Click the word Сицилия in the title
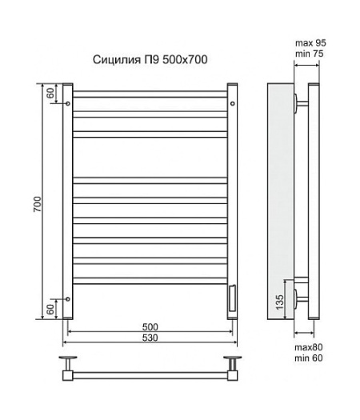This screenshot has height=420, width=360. (x=117, y=60)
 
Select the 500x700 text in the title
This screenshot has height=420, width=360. (x=185, y=59)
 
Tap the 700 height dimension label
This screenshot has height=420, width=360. (x=38, y=204)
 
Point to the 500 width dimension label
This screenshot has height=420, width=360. (x=150, y=326)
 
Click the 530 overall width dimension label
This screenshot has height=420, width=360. (x=150, y=338)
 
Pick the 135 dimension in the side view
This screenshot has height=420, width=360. (x=279, y=302)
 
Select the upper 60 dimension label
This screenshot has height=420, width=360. (x=50, y=94)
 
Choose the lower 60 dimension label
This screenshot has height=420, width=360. (x=50, y=310)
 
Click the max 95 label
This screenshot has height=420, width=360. (x=310, y=43)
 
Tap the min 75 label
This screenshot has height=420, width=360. (x=309, y=54)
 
